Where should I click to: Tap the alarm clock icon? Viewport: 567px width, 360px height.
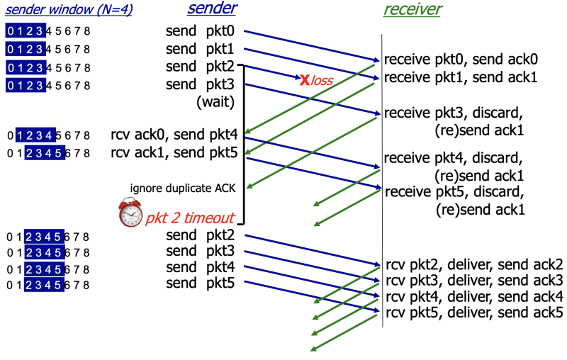click(x=130, y=213)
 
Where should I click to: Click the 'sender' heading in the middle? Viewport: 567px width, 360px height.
click(x=212, y=9)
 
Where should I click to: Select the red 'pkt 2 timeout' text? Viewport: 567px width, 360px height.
click(x=190, y=218)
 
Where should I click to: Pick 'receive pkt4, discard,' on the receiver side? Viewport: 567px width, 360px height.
click(x=454, y=157)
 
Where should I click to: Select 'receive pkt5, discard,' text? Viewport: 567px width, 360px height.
click(x=454, y=191)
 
